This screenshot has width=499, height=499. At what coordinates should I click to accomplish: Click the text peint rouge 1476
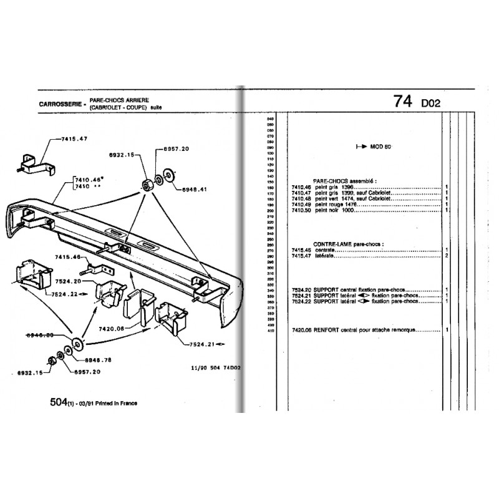pyautogui.click(x=339, y=205)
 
